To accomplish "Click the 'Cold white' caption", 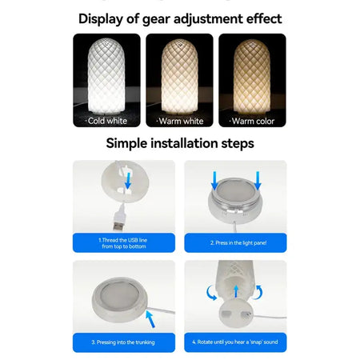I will [x=106, y=122].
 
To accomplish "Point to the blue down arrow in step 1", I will [x=128, y=182].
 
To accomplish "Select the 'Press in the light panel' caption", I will [x=235, y=242].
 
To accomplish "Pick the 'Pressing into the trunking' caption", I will [x=123, y=342].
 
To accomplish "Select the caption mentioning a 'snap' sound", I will [x=235, y=342].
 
